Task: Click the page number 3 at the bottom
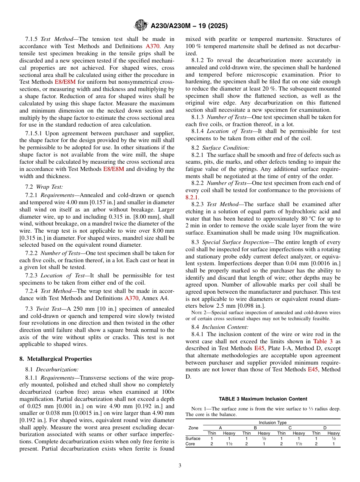pyautogui.click(x=180, y=466)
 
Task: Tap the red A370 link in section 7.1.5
pyautogui.click(x=153, y=46)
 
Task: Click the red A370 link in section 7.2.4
pyautogui.click(x=131, y=298)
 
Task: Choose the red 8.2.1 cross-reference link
pyautogui.click(x=192, y=197)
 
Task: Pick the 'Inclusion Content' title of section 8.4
pyautogui.click(x=225, y=327)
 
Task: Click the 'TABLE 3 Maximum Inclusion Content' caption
pyautogui.click(x=263, y=399)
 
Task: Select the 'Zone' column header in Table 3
pyautogui.click(x=193, y=428)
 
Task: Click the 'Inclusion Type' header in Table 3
pyautogui.click(x=272, y=422)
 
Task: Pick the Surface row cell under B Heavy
pyautogui.click(x=264, y=438)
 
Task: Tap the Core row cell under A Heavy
pyautogui.click(x=229, y=444)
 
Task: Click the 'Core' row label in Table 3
pyautogui.click(x=190, y=444)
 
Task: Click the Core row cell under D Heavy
pyautogui.click(x=333, y=444)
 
